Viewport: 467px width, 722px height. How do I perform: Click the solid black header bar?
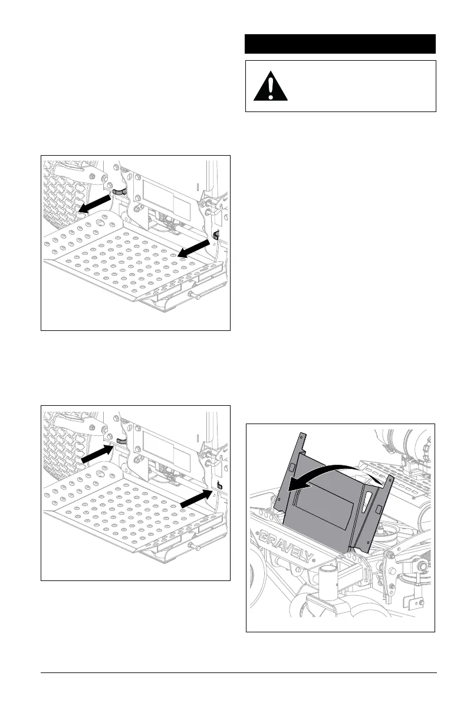(340, 44)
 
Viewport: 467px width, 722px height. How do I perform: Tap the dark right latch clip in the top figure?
(216, 235)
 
